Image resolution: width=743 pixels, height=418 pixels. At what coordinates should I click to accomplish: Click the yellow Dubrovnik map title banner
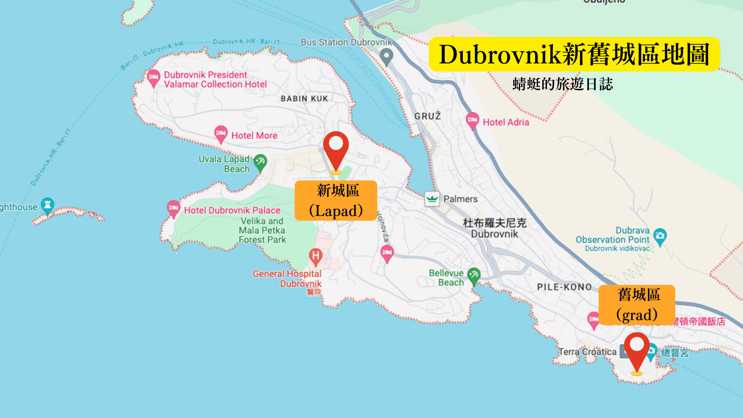(x=574, y=54)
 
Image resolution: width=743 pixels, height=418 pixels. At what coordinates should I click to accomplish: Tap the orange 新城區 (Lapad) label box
(x=336, y=200)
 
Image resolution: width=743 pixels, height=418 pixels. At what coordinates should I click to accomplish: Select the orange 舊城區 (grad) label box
(x=637, y=305)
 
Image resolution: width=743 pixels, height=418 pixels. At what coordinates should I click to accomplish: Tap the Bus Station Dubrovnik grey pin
(x=386, y=57)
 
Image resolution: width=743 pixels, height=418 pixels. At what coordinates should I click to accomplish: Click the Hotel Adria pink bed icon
(x=472, y=120)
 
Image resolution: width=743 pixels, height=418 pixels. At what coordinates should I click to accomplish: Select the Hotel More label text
(x=254, y=135)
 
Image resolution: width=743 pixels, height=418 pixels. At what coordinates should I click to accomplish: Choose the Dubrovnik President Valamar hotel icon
(x=153, y=78)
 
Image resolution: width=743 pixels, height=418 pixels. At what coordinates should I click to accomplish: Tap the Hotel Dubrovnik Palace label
(x=232, y=210)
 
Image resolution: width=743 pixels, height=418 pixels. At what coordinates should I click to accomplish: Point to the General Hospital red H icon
(x=316, y=256)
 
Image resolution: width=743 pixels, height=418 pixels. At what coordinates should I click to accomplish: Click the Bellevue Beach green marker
(x=474, y=276)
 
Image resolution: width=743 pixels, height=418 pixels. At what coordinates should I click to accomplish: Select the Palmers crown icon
(x=432, y=199)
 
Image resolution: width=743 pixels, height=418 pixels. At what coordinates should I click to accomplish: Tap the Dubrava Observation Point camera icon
(x=660, y=236)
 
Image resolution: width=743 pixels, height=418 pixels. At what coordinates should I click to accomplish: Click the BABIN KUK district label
(x=305, y=99)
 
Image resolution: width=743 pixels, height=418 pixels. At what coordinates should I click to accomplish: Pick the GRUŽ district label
(x=428, y=116)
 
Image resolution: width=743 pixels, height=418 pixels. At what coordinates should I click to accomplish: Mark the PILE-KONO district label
(x=565, y=287)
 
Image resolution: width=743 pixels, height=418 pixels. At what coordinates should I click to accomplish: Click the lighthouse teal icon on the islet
(x=47, y=205)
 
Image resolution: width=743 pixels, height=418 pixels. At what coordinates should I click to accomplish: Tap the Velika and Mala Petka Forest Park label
(x=262, y=230)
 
